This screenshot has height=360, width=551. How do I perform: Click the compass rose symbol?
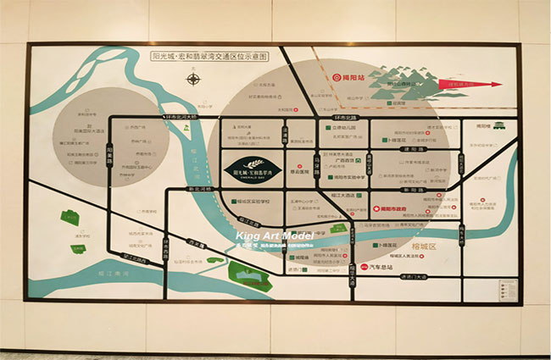194,80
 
